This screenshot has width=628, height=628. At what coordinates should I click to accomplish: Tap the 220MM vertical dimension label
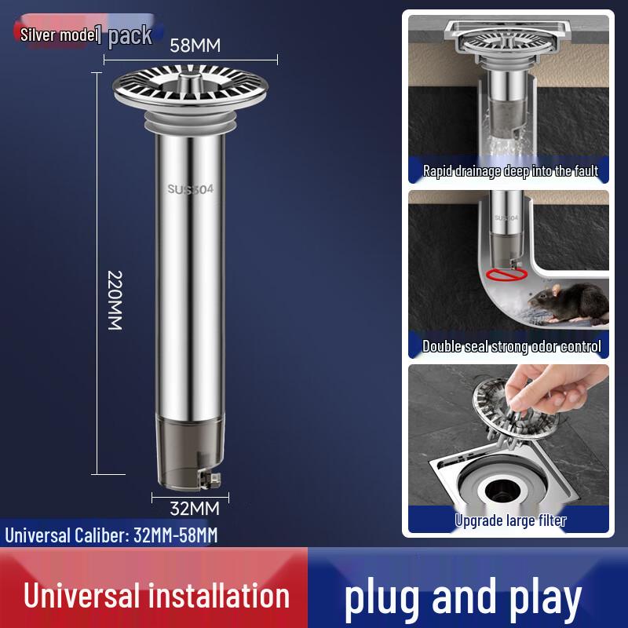115,300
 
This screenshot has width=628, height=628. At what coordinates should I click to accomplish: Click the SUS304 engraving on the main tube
190,188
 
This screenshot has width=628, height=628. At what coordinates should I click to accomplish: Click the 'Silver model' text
57,35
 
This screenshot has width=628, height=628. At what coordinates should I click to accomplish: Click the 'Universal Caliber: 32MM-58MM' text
111,535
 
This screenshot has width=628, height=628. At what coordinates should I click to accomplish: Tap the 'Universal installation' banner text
156,596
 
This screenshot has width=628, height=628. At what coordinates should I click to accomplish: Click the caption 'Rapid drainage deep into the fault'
510,170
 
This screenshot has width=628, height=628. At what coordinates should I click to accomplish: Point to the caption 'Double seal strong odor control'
511,345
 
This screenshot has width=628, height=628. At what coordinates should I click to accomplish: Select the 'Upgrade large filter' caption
510,520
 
